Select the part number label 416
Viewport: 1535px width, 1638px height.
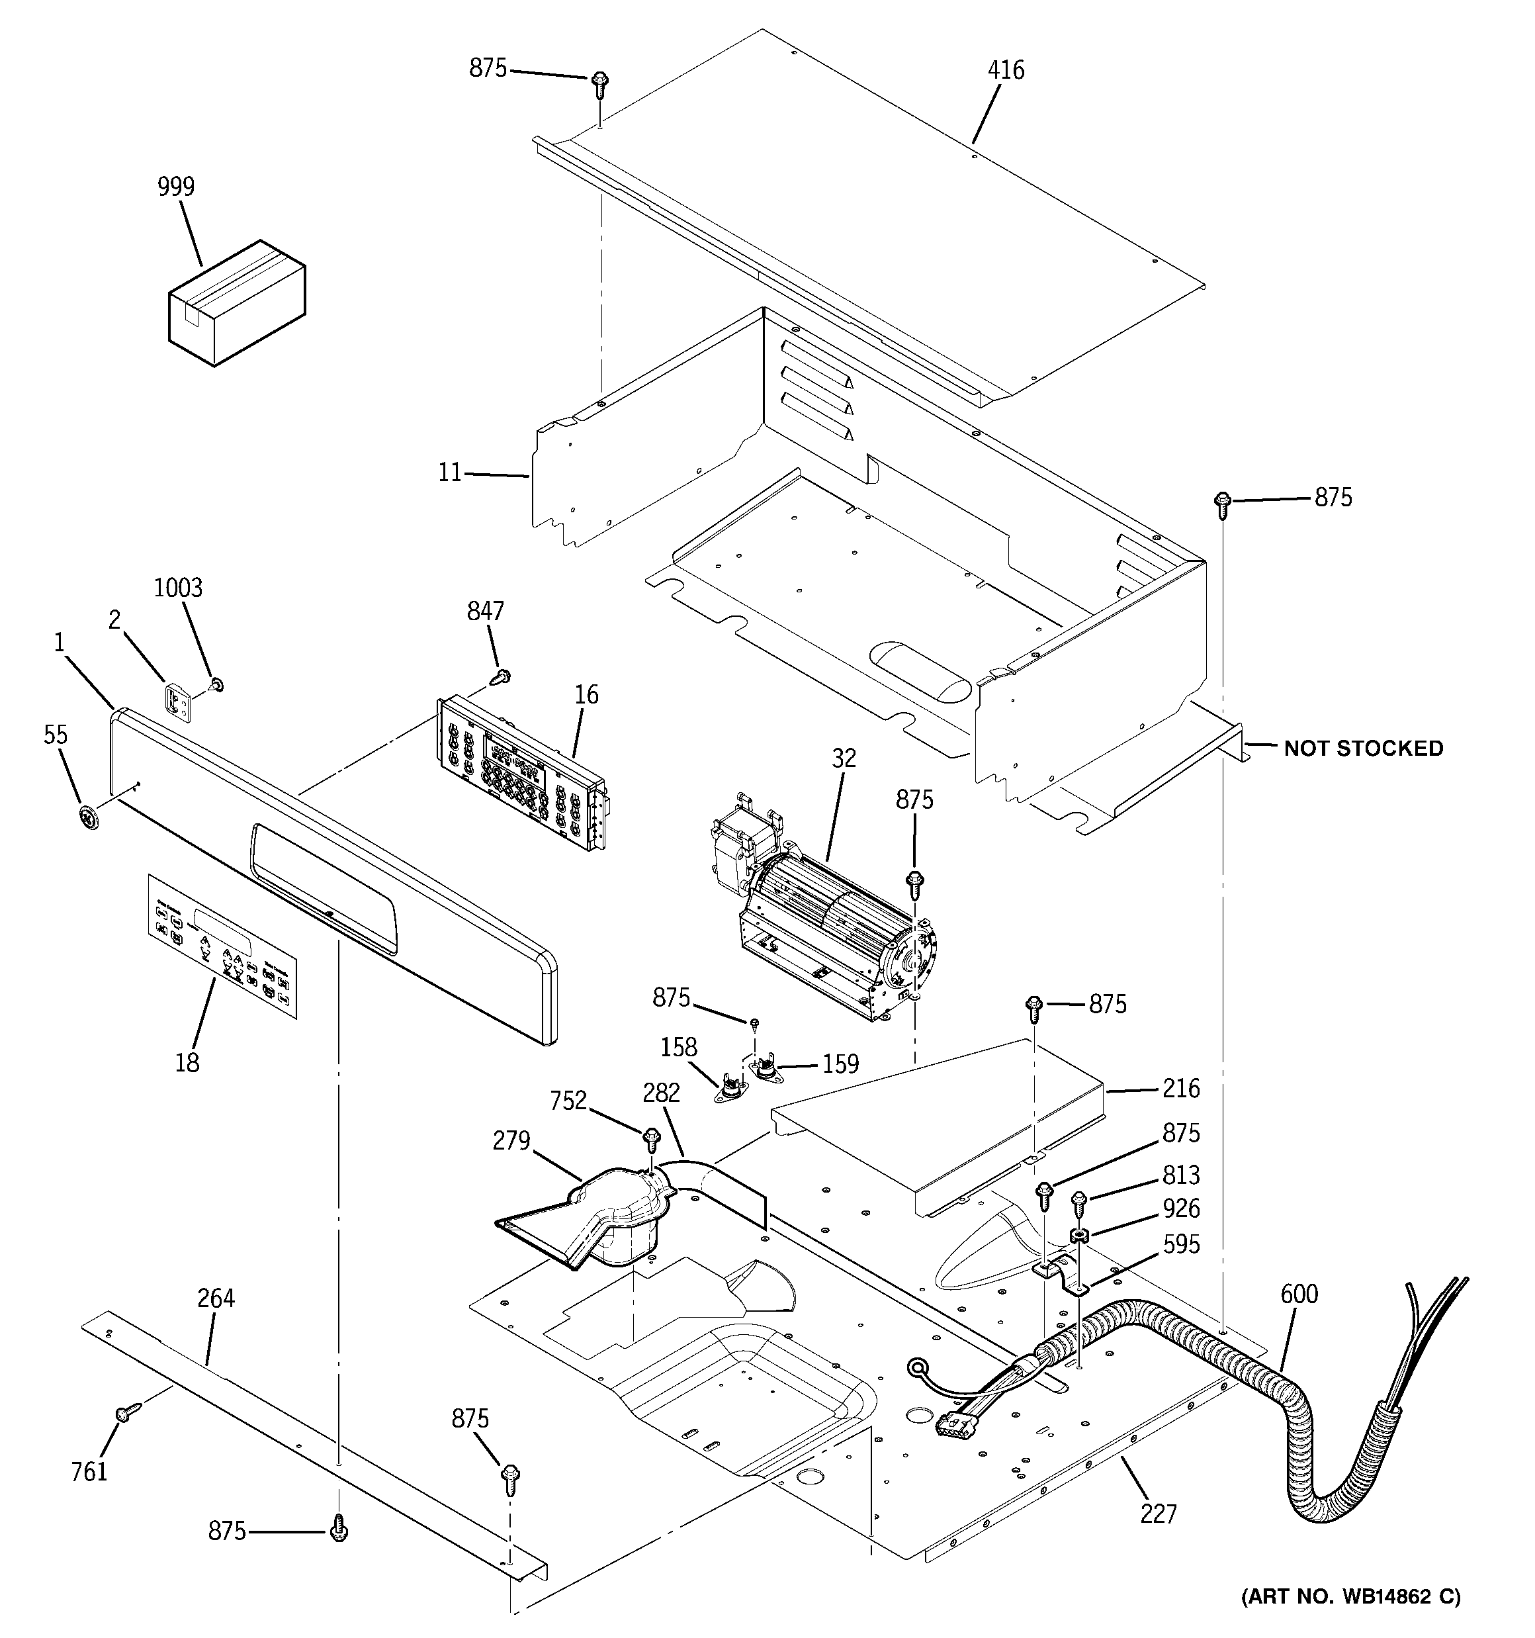[x=1006, y=71]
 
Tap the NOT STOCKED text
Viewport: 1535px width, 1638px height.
[x=1364, y=748]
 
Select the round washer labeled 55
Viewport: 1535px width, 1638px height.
[x=88, y=817]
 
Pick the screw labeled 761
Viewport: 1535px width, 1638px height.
[x=124, y=1412]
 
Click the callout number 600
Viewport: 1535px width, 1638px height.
[x=1299, y=1295]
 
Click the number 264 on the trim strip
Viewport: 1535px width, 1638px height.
[x=216, y=1298]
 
